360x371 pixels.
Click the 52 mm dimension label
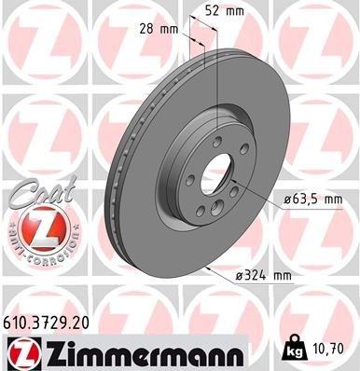tap(225, 11)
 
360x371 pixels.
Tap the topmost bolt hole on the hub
tap(216, 140)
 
